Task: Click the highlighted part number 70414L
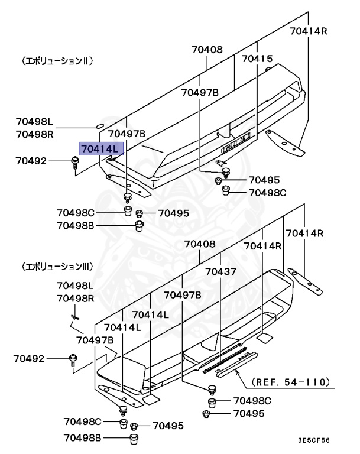click(x=100, y=148)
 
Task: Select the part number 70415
click(x=257, y=59)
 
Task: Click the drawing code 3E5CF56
click(x=313, y=440)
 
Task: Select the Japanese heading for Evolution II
click(x=58, y=61)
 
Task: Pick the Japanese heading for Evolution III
click(x=58, y=267)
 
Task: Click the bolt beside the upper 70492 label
click(x=75, y=161)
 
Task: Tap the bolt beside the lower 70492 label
click(x=73, y=358)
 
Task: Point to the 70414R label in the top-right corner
click(x=308, y=32)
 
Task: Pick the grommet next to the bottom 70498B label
click(x=134, y=438)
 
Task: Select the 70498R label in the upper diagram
click(x=35, y=134)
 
